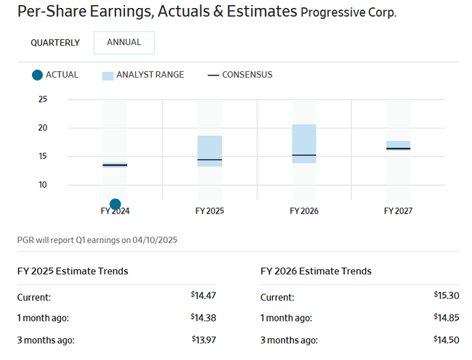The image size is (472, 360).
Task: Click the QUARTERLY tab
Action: point(55,43)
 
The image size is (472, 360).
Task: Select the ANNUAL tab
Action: point(124,42)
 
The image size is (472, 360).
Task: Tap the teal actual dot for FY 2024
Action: point(115,204)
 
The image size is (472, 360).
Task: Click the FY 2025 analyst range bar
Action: point(209,151)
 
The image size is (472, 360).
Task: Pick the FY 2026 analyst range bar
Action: point(304,144)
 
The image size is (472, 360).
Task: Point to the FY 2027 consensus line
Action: point(398,149)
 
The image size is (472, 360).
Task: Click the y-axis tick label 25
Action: point(42,99)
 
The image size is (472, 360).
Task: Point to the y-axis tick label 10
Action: point(42,184)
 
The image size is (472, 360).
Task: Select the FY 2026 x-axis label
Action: point(304,211)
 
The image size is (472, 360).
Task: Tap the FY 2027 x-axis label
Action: point(398,211)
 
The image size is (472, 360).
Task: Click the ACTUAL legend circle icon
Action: point(37,75)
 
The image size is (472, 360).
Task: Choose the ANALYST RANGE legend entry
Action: point(143,75)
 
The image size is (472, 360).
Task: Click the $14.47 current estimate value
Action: point(203,295)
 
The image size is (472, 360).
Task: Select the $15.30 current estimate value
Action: point(447,295)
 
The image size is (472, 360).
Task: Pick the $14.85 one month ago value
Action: point(447,318)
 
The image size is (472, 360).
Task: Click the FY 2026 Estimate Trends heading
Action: point(316,271)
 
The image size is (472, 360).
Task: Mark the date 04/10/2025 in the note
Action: point(155,240)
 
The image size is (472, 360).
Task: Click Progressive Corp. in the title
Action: point(349,13)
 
